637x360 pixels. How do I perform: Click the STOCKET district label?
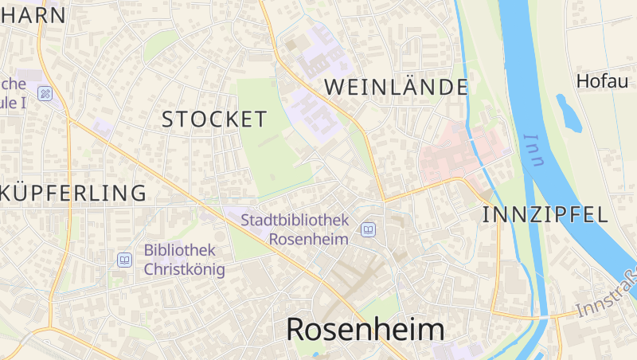tap(214, 119)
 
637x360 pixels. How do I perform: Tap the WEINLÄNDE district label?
tap(395, 87)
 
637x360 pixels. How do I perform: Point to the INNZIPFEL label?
tap(545, 213)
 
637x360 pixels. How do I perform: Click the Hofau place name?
tap(602, 80)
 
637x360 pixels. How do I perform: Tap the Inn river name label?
tap(533, 150)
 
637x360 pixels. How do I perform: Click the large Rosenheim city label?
tap(365, 329)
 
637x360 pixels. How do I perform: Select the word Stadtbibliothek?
tap(295, 219)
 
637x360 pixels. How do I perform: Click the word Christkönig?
tap(184, 269)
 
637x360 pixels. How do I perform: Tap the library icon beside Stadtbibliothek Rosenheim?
tap(368, 230)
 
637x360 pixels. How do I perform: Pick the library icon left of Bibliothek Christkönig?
tap(124, 260)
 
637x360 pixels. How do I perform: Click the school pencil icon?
tap(45, 94)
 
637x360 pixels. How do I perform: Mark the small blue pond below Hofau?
tap(569, 113)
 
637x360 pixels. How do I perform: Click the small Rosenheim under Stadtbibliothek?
tap(309, 238)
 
